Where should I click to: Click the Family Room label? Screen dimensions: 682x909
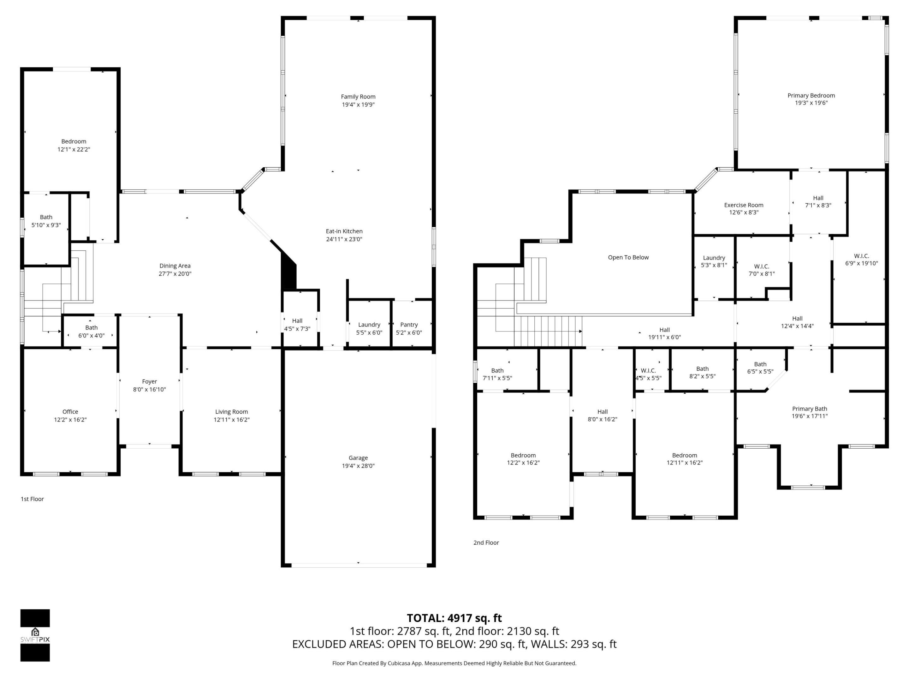point(358,97)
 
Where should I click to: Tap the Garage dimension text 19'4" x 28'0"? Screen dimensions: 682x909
point(358,466)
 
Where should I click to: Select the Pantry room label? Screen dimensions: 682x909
point(408,325)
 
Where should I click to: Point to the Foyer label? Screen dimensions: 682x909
point(149,381)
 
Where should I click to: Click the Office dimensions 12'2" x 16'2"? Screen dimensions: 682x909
point(70,420)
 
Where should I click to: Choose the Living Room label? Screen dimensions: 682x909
point(231,411)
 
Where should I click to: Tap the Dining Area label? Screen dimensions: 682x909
point(175,266)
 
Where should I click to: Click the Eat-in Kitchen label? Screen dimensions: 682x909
point(344,231)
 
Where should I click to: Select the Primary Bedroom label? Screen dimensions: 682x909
point(811,95)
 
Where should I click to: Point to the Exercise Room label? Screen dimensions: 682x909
point(743,205)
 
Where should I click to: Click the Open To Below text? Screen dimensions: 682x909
point(628,257)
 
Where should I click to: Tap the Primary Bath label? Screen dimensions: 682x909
point(809,409)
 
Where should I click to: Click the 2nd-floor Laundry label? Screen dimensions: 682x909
point(714,258)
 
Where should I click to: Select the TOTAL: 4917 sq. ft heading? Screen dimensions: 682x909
point(454,618)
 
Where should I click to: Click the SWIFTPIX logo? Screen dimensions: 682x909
point(35,636)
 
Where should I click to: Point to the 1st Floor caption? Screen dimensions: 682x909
point(32,499)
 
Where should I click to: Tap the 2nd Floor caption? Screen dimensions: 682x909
point(486,542)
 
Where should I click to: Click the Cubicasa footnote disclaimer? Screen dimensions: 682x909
point(454,663)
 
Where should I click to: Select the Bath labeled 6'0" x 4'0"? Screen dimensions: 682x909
point(91,328)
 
